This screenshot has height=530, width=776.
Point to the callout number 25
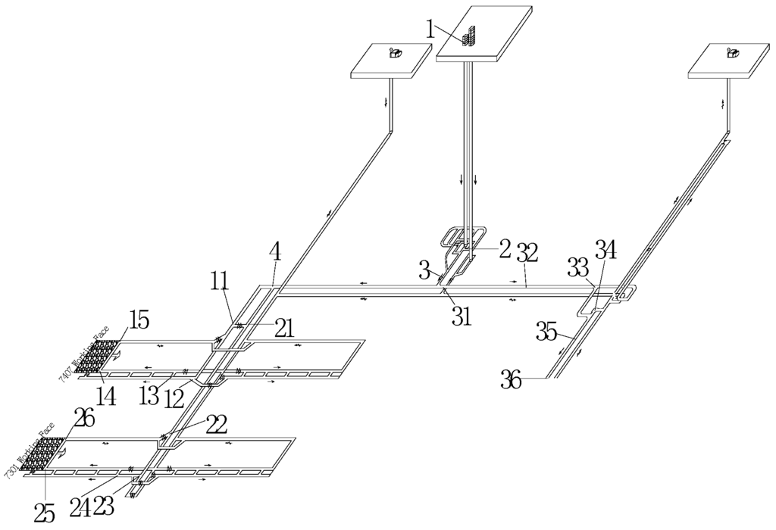[45, 513]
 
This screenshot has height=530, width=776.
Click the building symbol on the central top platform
[470, 36]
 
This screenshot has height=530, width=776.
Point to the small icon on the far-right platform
[733, 52]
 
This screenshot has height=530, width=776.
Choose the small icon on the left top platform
[395, 52]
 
